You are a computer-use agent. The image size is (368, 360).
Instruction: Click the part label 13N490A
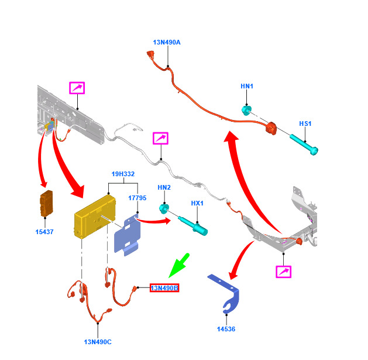click(x=167, y=42)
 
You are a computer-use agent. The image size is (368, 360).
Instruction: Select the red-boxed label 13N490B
click(x=164, y=288)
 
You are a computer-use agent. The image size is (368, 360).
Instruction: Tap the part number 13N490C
click(x=98, y=342)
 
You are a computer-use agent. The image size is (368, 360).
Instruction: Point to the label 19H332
click(x=123, y=174)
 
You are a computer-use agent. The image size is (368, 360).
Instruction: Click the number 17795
click(x=137, y=198)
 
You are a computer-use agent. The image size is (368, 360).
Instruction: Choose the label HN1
click(x=247, y=86)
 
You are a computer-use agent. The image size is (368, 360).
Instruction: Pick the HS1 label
click(x=305, y=124)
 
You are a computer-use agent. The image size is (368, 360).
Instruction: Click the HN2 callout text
click(x=164, y=187)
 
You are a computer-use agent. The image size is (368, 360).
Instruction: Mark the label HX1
click(x=197, y=203)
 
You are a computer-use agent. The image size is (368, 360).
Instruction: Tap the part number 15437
click(x=44, y=232)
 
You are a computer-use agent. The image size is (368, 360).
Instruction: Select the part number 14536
click(x=226, y=329)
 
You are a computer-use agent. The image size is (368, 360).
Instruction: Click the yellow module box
click(x=95, y=216)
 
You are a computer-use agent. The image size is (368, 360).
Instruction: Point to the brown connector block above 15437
click(x=46, y=203)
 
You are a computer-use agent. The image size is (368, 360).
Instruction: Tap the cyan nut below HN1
click(x=246, y=111)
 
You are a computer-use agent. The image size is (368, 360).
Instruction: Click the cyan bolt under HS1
click(x=304, y=145)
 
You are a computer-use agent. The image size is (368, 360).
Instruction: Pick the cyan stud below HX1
click(x=193, y=225)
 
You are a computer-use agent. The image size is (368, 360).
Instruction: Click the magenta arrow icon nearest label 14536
click(x=284, y=272)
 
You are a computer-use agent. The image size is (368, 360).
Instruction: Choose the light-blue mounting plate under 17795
click(x=128, y=235)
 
